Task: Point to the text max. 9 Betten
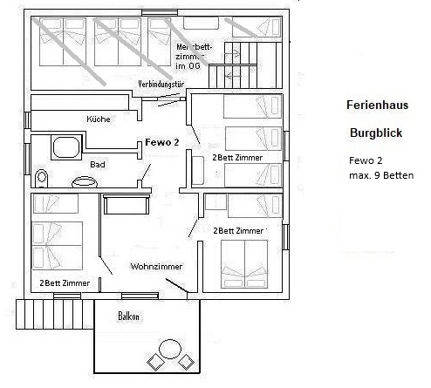pyautogui.click(x=375, y=175)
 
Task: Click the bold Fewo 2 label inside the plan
pyautogui.click(x=161, y=142)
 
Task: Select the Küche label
pyautogui.click(x=98, y=119)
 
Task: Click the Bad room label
pyautogui.click(x=98, y=163)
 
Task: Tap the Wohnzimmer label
pyautogui.click(x=155, y=265)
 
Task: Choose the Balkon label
pyautogui.click(x=129, y=317)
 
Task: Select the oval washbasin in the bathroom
pyautogui.click(x=85, y=183)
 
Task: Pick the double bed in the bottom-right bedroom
pyautogui.click(x=244, y=263)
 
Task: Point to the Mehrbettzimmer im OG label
pyautogui.click(x=194, y=56)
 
